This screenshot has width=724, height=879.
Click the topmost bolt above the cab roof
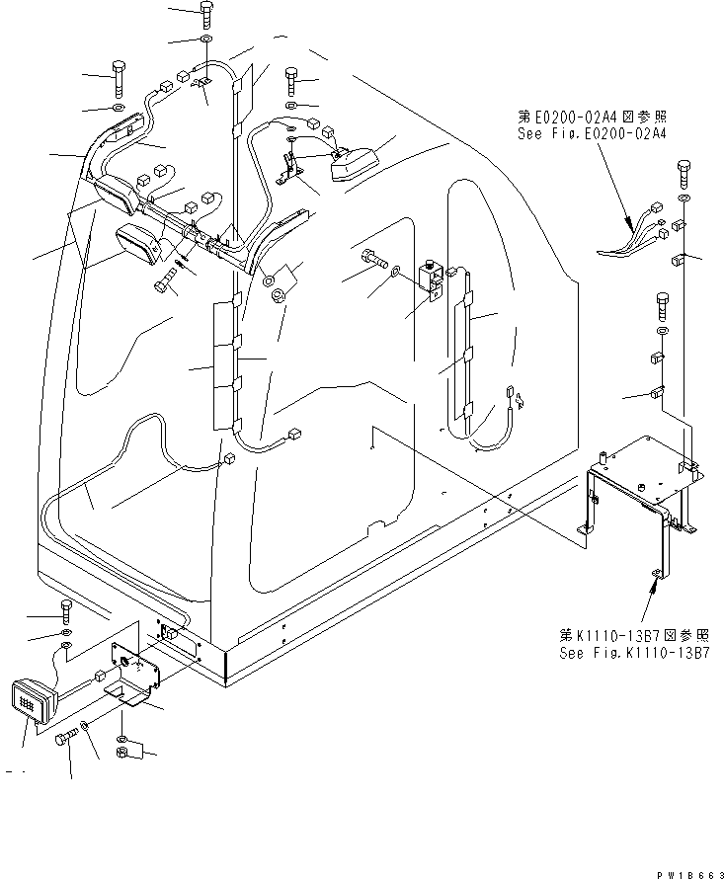point(204,14)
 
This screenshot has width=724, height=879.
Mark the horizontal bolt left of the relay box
point(372,260)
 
